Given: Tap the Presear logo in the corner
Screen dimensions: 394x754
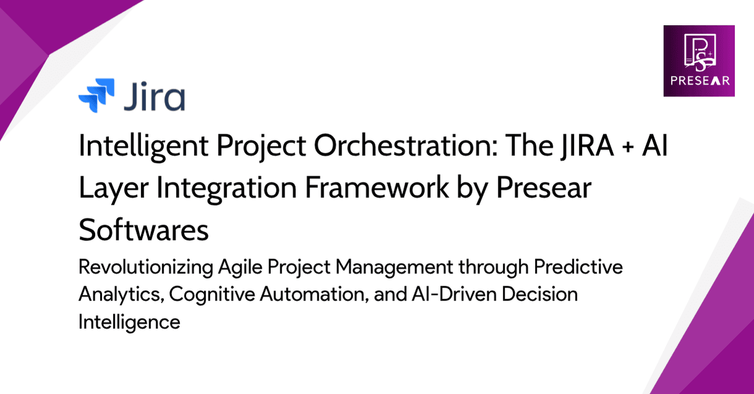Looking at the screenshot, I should pos(698,60).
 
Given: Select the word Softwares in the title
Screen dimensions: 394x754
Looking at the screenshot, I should pos(143,231).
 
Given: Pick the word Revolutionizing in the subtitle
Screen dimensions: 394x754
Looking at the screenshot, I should pos(145,270).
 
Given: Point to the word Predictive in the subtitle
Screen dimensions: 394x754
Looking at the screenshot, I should pos(578,269).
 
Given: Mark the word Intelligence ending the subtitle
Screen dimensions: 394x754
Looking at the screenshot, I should pos(129,322).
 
